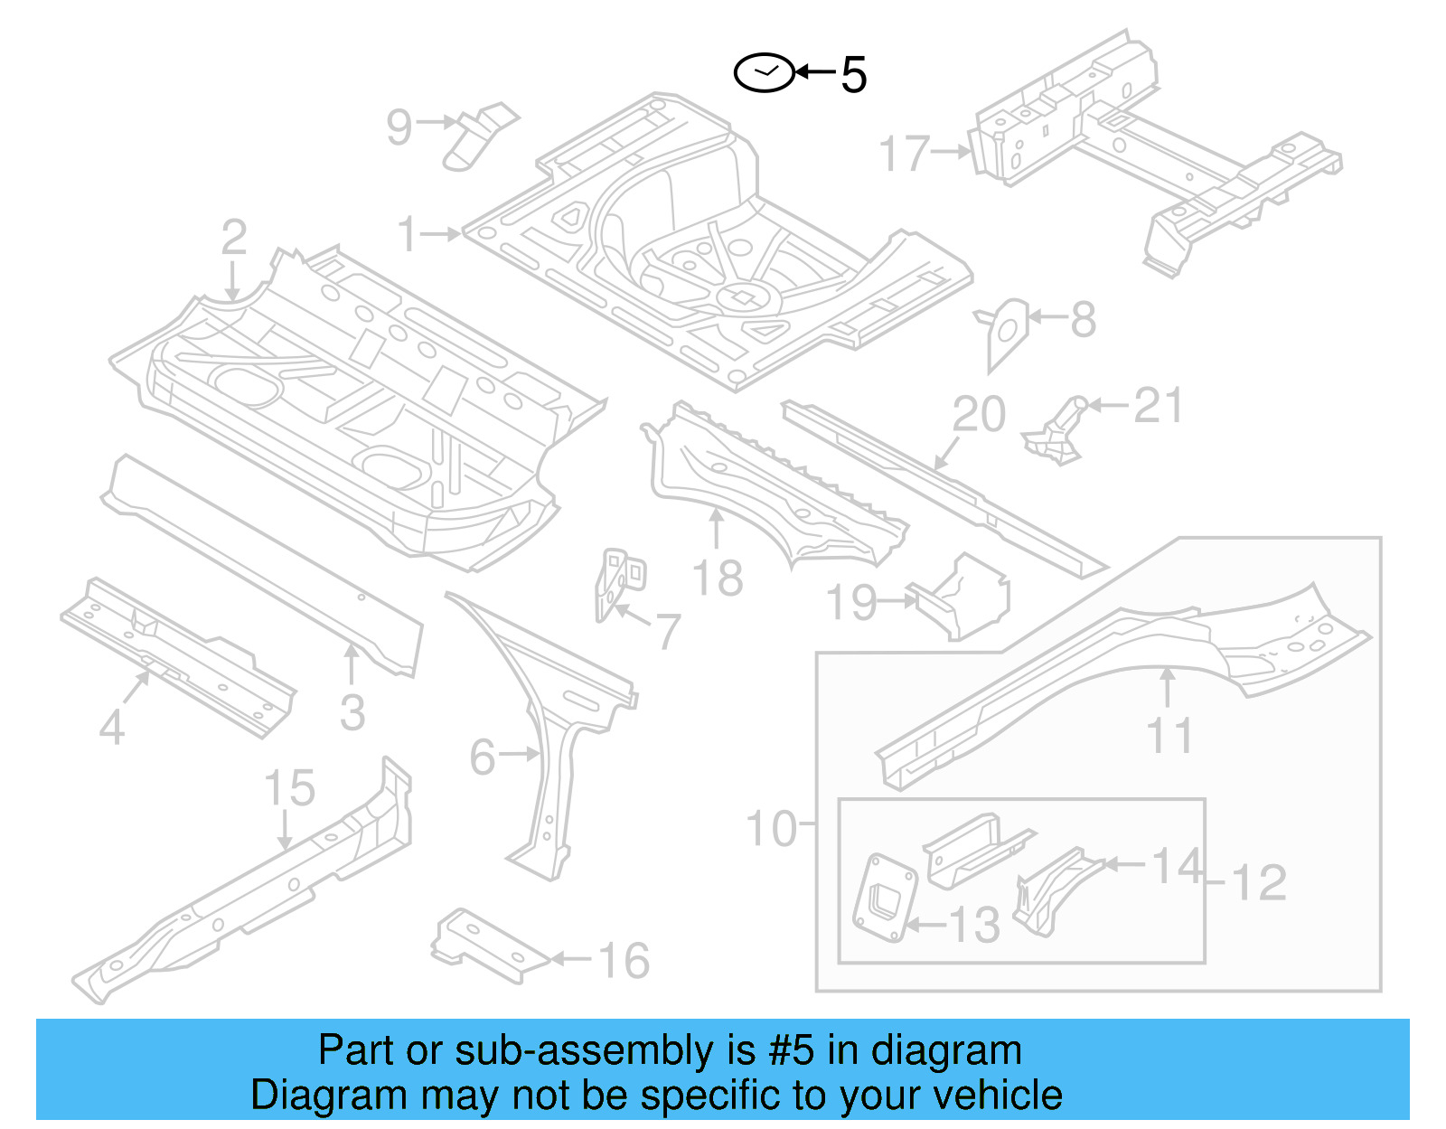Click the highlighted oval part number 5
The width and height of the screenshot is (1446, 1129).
tap(764, 73)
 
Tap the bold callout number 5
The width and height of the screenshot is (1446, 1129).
tap(853, 75)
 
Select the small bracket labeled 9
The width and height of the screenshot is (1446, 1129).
tap(479, 136)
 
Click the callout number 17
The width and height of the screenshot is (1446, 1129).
tap(905, 153)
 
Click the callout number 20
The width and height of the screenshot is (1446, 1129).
tap(978, 415)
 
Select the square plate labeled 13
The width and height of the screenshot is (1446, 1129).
tap(884, 897)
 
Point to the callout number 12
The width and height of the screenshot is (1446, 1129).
tap(1259, 883)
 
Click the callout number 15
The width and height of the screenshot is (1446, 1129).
tap(289, 788)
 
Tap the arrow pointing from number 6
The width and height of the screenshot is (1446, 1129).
tap(520, 753)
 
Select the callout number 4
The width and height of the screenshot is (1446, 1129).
tap(111, 727)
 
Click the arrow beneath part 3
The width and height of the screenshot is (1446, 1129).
tap(352, 663)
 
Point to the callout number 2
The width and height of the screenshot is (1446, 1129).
tap(233, 237)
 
